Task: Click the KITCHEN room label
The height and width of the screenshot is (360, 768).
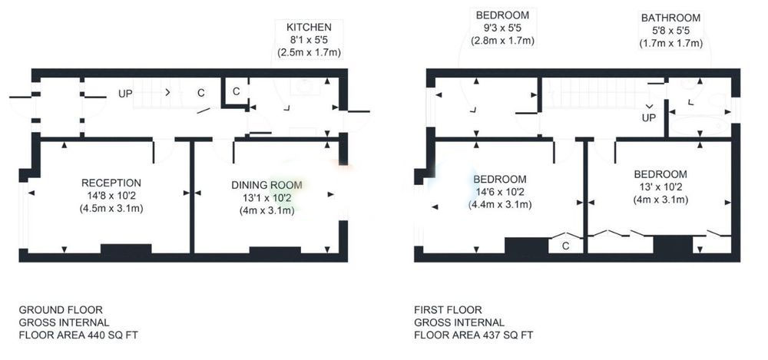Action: pyautogui.click(x=309, y=28)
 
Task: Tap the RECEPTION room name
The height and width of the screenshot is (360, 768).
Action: pyautogui.click(x=111, y=183)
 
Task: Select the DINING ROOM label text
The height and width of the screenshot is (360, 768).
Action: pyautogui.click(x=267, y=185)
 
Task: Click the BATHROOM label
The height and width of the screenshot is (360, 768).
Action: pyautogui.click(x=671, y=18)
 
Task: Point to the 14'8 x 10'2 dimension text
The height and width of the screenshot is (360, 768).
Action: pyautogui.click(x=111, y=196)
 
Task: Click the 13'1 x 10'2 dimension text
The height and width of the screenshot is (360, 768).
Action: pyautogui.click(x=267, y=198)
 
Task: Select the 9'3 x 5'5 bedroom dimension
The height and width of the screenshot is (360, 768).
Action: pyautogui.click(x=502, y=28)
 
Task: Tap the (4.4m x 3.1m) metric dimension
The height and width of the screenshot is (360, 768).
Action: pyautogui.click(x=501, y=204)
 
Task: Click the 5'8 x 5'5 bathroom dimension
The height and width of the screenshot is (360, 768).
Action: pyautogui.click(x=671, y=31)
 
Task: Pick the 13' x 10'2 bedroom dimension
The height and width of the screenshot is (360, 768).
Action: pyautogui.click(x=660, y=187)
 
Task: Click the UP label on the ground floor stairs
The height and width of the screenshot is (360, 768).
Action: pyautogui.click(x=125, y=93)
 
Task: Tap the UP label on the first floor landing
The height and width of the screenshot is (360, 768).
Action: pyautogui.click(x=649, y=118)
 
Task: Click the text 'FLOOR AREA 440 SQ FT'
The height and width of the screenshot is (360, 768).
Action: pyautogui.click(x=75, y=335)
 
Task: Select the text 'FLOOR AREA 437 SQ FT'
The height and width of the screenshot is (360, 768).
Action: pyautogui.click(x=474, y=335)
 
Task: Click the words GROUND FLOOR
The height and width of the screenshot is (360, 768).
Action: pyautogui.click(x=61, y=310)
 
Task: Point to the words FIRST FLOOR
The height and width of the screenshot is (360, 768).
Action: pyautogui.click(x=449, y=310)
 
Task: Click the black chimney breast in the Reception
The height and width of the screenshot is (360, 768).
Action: pyautogui.click(x=126, y=249)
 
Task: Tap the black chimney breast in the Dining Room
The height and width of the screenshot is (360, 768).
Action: pyautogui.click(x=275, y=250)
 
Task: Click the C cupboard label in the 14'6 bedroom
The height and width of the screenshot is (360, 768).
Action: pyautogui.click(x=566, y=246)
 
